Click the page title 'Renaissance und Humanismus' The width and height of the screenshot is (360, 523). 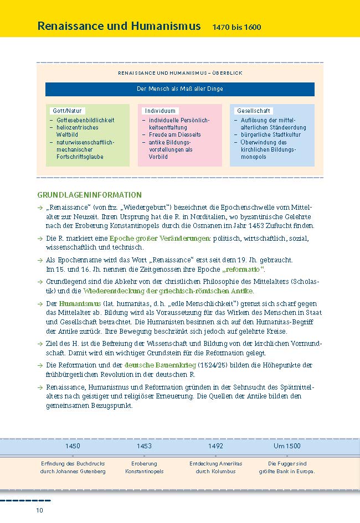coord(119,26)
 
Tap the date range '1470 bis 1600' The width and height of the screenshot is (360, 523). coord(236,27)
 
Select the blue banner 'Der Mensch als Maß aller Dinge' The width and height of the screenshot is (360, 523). coord(180,89)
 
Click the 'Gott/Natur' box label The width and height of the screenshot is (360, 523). coord(67,111)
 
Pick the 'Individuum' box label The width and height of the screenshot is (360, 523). coord(160,111)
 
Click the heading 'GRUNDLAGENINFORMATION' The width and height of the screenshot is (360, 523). coord(89,195)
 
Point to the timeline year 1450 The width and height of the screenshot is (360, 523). coord(73,446)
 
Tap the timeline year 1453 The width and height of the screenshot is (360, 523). coord(144,446)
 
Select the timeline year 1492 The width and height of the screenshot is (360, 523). coord(215,446)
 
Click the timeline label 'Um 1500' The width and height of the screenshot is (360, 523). coord(287,446)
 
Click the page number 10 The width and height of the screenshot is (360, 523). coord(39,510)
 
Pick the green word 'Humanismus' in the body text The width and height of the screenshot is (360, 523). coord(76,304)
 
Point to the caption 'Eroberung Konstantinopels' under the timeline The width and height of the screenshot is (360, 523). coord(144,467)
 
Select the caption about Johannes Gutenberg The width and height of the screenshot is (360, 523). coord(73,467)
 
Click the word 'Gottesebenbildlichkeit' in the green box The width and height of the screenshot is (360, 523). coord(85,120)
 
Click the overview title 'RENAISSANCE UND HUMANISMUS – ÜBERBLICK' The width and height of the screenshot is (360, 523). coord(180,73)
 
